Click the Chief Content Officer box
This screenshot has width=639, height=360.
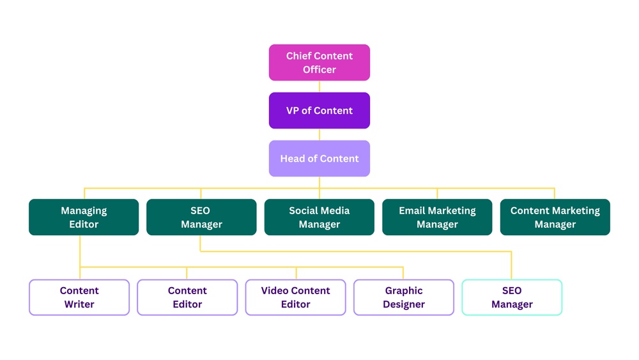pyautogui.click(x=319, y=63)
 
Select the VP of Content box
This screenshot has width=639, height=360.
pyautogui.click(x=319, y=111)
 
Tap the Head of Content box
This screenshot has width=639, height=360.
pyautogui.click(x=319, y=159)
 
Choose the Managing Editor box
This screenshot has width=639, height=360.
pyautogui.click(x=84, y=217)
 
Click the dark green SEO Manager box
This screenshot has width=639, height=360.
pyautogui.click(x=201, y=217)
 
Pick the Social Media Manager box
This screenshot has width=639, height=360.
pyautogui.click(x=319, y=217)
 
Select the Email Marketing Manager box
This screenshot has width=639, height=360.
pyautogui.click(x=437, y=217)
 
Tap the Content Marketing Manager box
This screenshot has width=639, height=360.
pyautogui.click(x=555, y=217)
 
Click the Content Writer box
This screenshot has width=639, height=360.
pyautogui.click(x=79, y=297)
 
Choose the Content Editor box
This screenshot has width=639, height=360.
pyautogui.click(x=187, y=297)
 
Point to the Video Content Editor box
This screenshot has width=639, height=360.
pyautogui.click(x=295, y=297)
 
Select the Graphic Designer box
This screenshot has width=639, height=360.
pyautogui.click(x=404, y=297)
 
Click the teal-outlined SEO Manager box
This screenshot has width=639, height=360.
pyautogui.click(x=512, y=297)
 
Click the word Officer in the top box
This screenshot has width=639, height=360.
pyautogui.click(x=319, y=70)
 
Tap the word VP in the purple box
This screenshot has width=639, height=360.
pyautogui.click(x=293, y=111)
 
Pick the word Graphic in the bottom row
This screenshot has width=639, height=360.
pyautogui.click(x=404, y=290)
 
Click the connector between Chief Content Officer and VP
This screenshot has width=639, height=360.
pyautogui.click(x=319, y=86)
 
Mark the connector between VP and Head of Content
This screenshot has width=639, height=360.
pyautogui.click(x=319, y=134)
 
